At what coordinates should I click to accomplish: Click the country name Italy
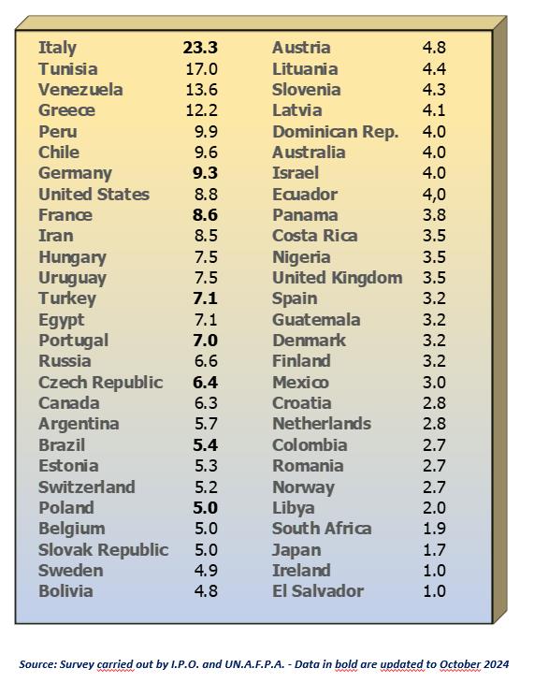[57, 48]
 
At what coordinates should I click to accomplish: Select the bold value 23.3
[200, 48]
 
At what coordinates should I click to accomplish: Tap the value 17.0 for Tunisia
[201, 69]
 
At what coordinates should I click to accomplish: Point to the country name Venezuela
[80, 90]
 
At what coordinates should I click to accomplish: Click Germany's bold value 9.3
[205, 173]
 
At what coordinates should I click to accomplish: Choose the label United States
[94, 195]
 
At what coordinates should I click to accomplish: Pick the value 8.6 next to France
[205, 215]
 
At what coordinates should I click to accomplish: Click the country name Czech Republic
[101, 383]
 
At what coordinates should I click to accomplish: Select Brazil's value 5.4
[205, 444]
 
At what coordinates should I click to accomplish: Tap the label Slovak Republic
[103, 550]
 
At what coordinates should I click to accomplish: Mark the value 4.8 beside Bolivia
[206, 591]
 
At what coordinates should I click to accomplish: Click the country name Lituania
[305, 69]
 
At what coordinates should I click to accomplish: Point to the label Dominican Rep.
[336, 132]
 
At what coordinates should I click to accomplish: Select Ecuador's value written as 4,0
[434, 195]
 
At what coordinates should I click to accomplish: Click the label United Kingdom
[337, 278]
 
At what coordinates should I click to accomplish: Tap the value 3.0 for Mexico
[434, 382]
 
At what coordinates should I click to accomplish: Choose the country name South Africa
[322, 529]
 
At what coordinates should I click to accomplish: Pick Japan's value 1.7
[434, 549]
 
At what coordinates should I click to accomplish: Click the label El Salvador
[318, 591]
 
